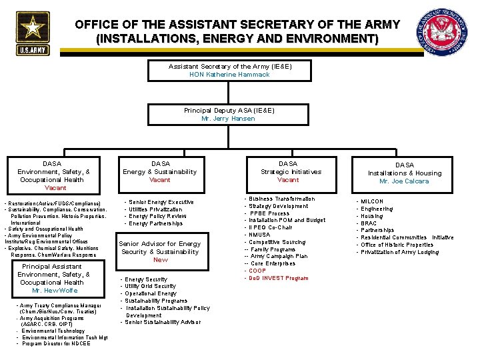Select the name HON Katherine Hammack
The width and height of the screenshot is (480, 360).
tap(229, 75)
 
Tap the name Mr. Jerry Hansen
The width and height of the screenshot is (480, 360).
tap(228, 119)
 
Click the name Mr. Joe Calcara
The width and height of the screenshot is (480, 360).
tap(404, 181)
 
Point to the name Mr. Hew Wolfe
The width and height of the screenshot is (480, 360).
tap(55, 291)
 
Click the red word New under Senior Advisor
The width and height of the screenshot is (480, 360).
tap(160, 260)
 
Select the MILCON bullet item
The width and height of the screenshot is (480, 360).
tap(372, 201)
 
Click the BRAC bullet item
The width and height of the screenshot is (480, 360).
tap(369, 223)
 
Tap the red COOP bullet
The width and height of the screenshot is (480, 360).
tap(257, 271)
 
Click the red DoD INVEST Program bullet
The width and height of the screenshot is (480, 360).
tap(279, 278)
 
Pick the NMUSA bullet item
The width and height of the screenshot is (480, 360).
tap(260, 235)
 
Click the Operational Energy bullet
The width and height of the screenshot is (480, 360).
tap(151, 293)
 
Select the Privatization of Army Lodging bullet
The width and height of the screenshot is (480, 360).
tap(400, 252)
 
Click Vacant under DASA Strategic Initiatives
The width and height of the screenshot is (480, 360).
tap(288, 180)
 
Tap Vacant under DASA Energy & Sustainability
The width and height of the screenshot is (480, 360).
tap(160, 180)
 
